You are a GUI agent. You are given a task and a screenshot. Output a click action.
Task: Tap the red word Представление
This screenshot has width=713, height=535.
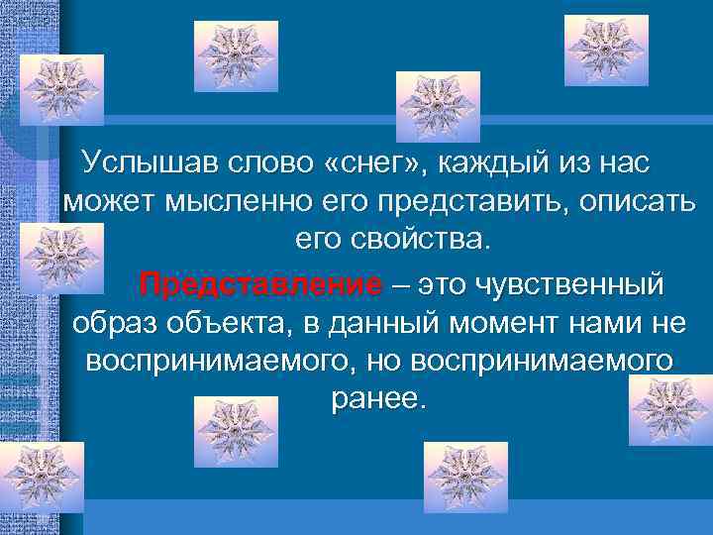260,286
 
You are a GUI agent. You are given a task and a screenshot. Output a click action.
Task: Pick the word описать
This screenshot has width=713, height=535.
629,203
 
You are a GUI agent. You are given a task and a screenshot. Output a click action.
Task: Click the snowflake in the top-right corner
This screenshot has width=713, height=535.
606,50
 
